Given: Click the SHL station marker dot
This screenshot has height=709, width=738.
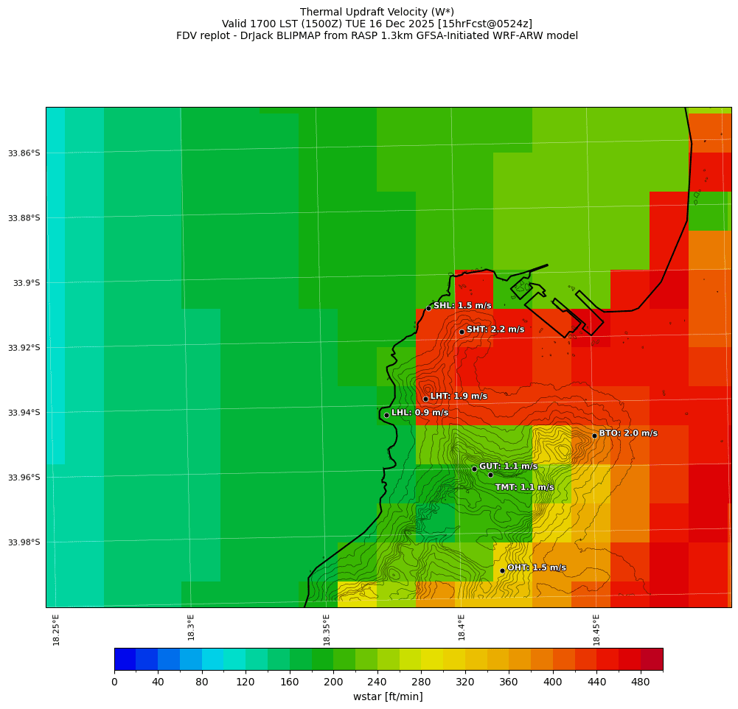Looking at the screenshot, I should [428, 308].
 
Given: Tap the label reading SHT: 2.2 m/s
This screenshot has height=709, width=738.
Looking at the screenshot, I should [495, 329].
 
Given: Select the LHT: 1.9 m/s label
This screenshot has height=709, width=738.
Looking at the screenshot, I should [459, 397].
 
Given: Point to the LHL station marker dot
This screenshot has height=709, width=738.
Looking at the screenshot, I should [386, 415].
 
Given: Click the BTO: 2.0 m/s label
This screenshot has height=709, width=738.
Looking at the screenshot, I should [628, 433].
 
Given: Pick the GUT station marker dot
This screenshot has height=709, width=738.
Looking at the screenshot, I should [474, 469].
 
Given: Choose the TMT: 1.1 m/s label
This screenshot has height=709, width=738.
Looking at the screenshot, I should [524, 487].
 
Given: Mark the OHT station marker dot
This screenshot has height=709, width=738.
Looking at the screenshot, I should [502, 570].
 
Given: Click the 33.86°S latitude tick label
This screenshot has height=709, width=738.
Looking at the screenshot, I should [24, 153].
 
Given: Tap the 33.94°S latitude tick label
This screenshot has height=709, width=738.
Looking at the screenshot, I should [24, 413].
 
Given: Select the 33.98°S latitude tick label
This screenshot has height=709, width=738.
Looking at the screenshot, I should [24, 542].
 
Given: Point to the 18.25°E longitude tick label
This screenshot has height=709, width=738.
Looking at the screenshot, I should [57, 630].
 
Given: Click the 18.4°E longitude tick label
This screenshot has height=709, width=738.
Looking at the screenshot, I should [462, 628].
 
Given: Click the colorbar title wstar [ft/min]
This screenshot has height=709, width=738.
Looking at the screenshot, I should [388, 696].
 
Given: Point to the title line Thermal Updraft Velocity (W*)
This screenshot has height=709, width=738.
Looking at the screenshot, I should [377, 12].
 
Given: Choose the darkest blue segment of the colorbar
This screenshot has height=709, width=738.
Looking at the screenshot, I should [125, 659].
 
